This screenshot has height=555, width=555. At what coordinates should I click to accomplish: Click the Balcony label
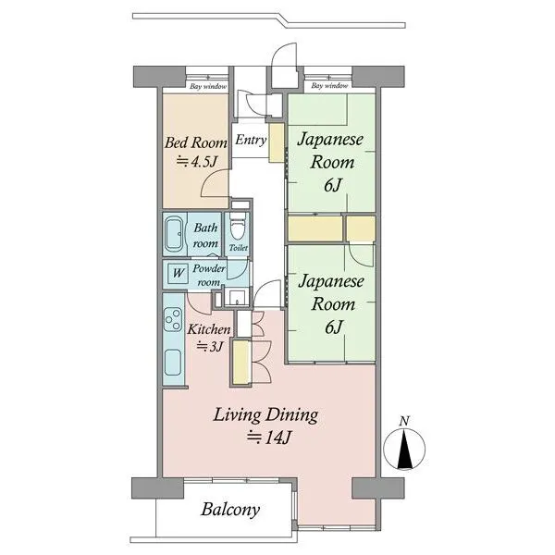point(230,510)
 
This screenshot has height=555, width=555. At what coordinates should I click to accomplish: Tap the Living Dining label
point(265,414)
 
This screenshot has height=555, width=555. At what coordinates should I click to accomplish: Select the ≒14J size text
point(268,438)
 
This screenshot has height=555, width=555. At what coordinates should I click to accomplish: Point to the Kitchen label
point(209,329)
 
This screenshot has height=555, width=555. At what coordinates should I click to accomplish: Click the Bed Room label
point(196,142)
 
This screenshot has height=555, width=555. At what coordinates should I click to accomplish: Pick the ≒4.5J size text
point(196,162)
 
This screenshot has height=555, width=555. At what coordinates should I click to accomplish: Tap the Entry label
point(251,141)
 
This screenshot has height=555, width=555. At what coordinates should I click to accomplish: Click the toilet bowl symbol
point(237,226)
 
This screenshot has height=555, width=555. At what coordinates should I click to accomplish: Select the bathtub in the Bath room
point(174,234)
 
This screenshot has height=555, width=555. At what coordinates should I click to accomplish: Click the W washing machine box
point(178,273)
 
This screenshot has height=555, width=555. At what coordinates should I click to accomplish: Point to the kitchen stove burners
point(173,319)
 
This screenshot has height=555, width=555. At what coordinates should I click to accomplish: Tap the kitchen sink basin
point(174,362)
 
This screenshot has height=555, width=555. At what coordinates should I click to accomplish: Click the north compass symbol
point(404,449)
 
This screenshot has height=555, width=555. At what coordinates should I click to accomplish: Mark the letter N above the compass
point(404,421)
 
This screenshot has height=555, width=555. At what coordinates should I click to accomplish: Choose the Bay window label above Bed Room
point(208,86)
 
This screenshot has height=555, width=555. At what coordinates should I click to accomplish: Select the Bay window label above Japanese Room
point(329,86)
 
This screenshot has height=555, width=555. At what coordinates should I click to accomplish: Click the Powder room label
point(209,275)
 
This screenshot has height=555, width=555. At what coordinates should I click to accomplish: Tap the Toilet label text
point(239,248)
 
